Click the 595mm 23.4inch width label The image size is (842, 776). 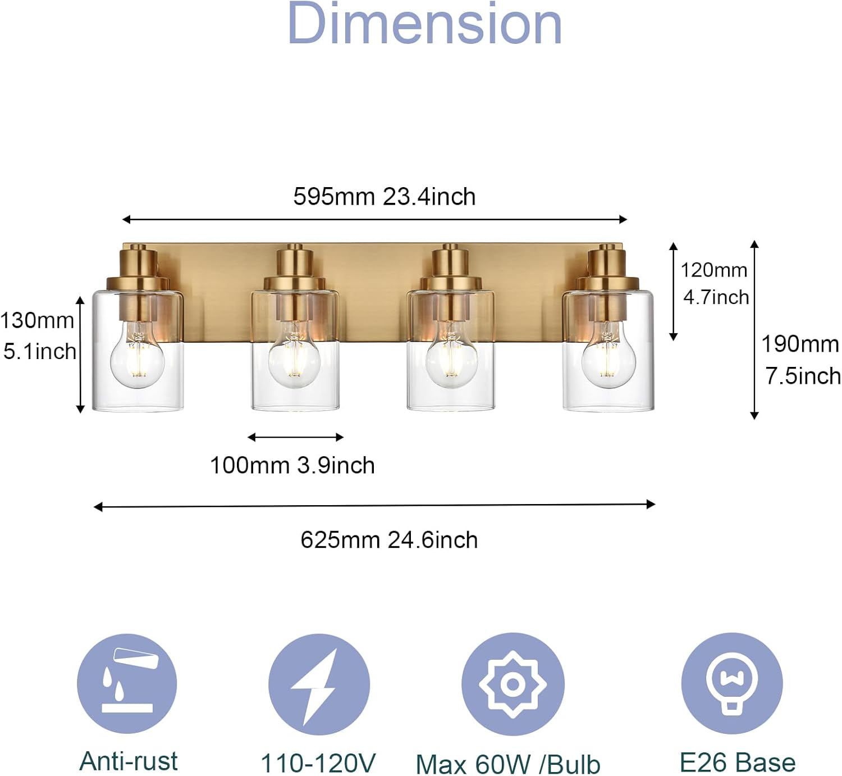(x=385, y=196)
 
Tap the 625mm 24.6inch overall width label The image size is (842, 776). (x=389, y=540)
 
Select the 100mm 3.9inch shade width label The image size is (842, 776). (x=292, y=465)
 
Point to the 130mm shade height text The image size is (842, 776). (x=38, y=320)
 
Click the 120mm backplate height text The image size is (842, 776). (x=714, y=270)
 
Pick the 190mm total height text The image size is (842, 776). (x=800, y=344)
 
